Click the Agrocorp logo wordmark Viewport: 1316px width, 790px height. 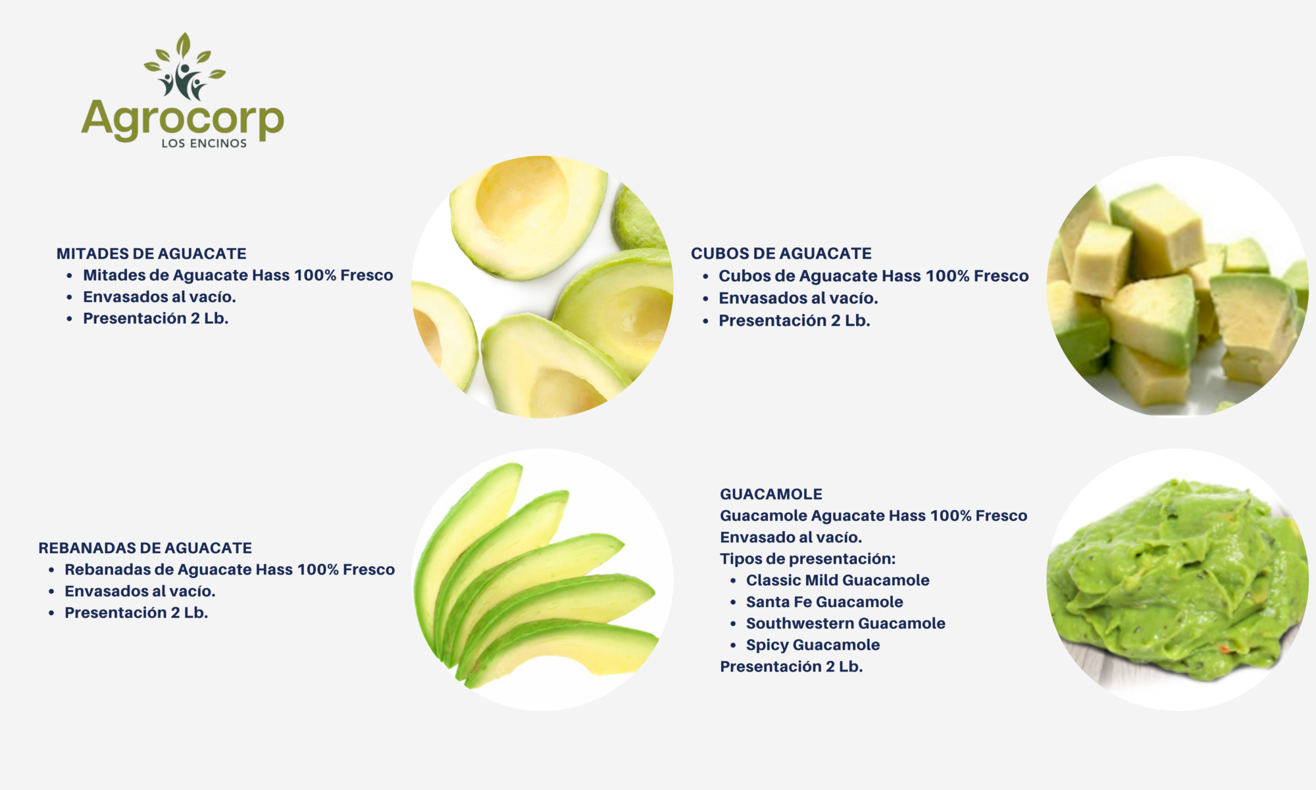point(182,120)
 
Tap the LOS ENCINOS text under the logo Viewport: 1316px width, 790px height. point(204,144)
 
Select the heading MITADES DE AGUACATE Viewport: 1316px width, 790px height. point(151,253)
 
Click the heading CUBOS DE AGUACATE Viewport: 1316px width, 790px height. point(781,253)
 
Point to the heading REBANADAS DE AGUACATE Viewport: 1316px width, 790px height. point(145,548)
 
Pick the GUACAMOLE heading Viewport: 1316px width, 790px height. point(771,494)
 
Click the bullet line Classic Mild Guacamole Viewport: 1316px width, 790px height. point(838,580)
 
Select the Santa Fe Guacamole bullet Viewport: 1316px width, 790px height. point(824,602)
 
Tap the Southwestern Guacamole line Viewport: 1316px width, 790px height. point(846,623)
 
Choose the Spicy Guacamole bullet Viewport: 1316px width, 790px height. point(813,645)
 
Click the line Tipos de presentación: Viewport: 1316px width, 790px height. point(807,559)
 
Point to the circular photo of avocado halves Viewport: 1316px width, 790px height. point(542,286)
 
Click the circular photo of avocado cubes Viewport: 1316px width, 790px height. point(1178,286)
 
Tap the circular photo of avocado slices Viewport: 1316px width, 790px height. point(542,579)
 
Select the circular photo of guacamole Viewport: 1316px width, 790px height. point(1178,579)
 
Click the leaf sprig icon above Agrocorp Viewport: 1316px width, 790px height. point(184,66)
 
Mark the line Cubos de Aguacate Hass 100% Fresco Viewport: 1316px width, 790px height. point(873,276)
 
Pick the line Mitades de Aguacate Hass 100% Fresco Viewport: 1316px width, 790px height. point(238,275)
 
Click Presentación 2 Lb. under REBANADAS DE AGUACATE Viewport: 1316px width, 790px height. point(136,613)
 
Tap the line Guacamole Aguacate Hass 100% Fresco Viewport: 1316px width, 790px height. point(873,515)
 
